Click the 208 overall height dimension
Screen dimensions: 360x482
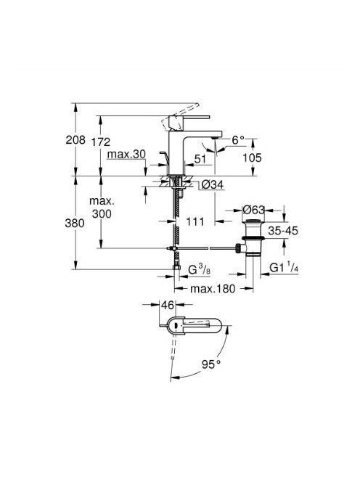click(x=75, y=140)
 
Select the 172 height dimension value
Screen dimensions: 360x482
click(x=101, y=142)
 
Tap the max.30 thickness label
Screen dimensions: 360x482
click(x=126, y=155)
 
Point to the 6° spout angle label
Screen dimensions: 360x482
click(x=238, y=141)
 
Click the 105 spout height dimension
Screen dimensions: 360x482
click(x=252, y=158)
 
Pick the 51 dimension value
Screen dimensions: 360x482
click(x=200, y=159)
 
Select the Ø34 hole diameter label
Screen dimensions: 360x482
click(x=213, y=185)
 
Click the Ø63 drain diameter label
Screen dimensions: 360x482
click(x=253, y=210)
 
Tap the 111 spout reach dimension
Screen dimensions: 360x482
click(x=195, y=221)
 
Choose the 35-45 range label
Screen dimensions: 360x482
click(x=283, y=231)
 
